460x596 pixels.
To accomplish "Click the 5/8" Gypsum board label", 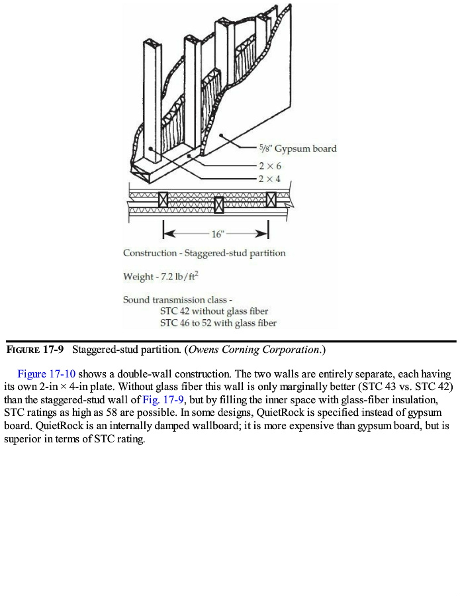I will (x=297, y=148).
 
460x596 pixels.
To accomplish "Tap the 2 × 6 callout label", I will (x=270, y=166).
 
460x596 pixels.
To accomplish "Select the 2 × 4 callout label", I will (x=270, y=179).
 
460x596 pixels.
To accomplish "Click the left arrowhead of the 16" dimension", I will (x=167, y=234).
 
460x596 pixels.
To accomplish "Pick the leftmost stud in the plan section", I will (x=163, y=199).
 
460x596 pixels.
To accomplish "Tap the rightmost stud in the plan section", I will (x=270, y=199).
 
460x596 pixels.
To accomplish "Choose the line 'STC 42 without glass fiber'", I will (x=214, y=311).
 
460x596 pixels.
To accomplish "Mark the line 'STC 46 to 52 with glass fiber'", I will (x=218, y=323).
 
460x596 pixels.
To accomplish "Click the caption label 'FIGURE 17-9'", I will (x=35, y=349).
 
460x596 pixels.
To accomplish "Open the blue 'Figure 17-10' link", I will (x=46, y=374).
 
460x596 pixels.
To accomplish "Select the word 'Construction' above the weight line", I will (x=150, y=253).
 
